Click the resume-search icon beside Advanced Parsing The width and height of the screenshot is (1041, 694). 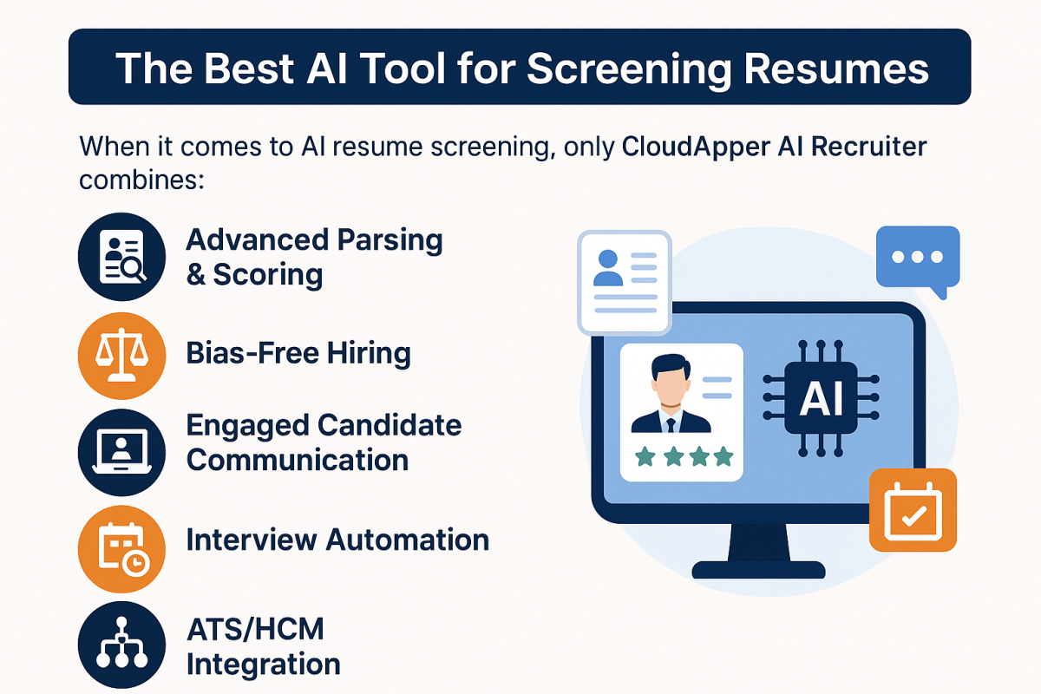tap(121, 257)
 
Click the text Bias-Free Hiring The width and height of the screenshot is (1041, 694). tap(298, 354)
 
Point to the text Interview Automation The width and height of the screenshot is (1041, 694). tap(337, 540)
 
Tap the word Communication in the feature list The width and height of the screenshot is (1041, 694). tap(298, 460)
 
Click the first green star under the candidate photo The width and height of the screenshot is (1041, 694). tap(645, 456)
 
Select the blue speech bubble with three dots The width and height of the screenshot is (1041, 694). tap(917, 258)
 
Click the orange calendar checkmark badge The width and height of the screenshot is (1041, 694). tap(913, 511)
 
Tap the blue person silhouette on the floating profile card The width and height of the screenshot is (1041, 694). tap(607, 269)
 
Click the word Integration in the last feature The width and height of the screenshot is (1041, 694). tap(263, 665)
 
